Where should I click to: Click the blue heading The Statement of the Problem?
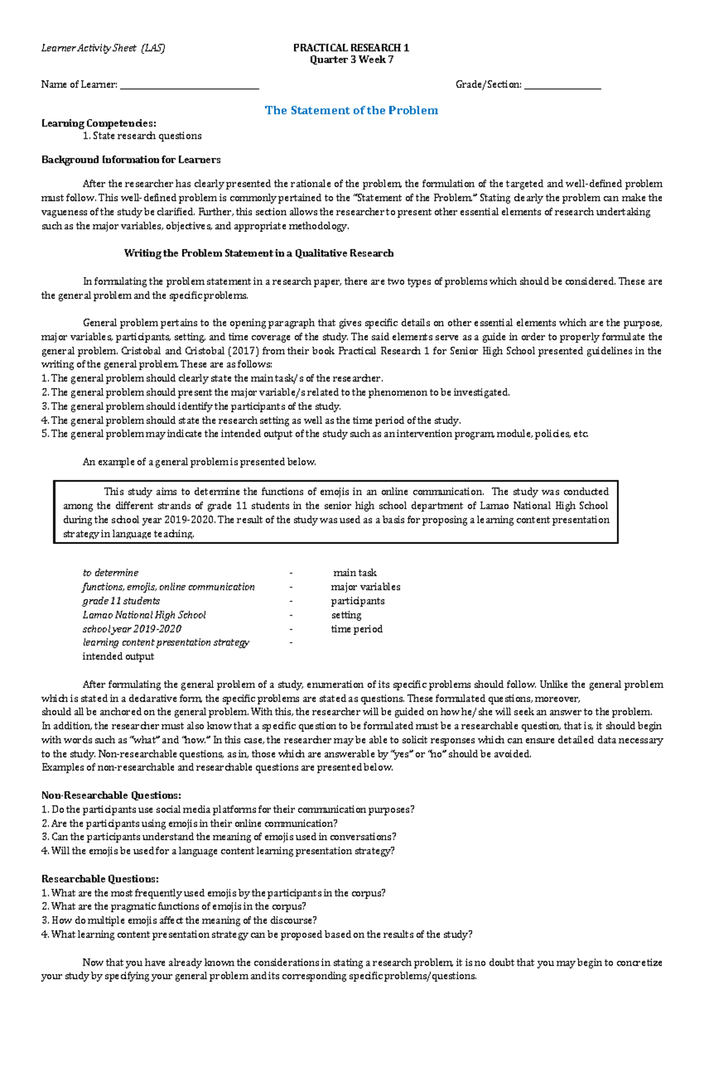click(x=351, y=110)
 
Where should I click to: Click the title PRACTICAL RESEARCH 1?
click(x=351, y=47)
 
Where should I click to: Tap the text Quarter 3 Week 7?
click(x=351, y=59)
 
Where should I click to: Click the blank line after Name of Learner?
click(x=189, y=86)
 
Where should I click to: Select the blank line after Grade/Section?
click(x=563, y=86)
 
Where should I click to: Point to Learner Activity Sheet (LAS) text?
click(x=103, y=48)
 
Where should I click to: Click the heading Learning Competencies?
click(x=99, y=123)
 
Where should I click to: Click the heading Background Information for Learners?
click(x=131, y=159)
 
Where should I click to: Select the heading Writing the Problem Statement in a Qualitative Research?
click(x=259, y=253)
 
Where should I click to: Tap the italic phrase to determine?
click(x=110, y=573)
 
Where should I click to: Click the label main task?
click(x=354, y=573)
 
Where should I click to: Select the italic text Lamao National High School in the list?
click(x=144, y=615)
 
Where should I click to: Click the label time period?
click(x=356, y=629)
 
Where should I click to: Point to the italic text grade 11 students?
click(x=121, y=601)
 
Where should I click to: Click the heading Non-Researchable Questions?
click(x=111, y=796)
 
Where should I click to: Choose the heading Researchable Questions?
click(x=100, y=879)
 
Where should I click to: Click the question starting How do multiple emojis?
click(x=179, y=921)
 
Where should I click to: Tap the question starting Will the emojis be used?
click(x=218, y=851)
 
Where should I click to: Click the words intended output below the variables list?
click(x=118, y=657)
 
